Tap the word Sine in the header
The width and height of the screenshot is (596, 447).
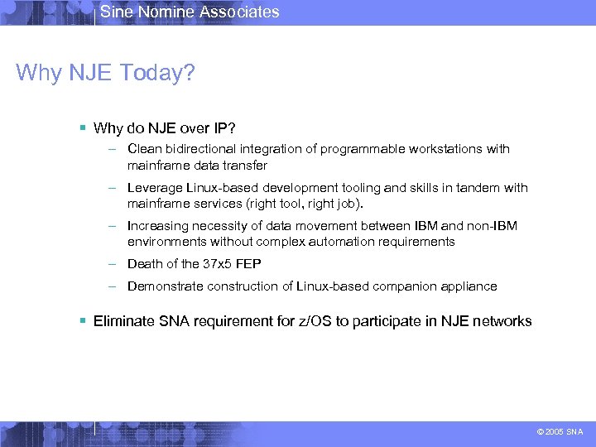[116, 12]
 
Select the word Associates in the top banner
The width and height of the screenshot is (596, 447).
[240, 12]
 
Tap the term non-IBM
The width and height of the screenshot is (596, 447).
[493, 226]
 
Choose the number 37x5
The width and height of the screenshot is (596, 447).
[219, 264]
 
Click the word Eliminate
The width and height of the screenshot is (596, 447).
[124, 321]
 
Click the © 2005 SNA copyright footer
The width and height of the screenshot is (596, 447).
[560, 432]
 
